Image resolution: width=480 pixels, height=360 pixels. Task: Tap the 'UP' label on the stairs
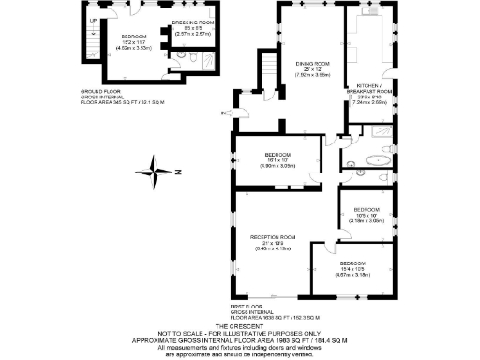(x=92, y=21)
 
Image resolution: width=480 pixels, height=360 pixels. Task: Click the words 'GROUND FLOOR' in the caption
(x=97, y=91)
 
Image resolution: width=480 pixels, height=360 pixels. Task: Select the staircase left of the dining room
(x=267, y=70)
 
